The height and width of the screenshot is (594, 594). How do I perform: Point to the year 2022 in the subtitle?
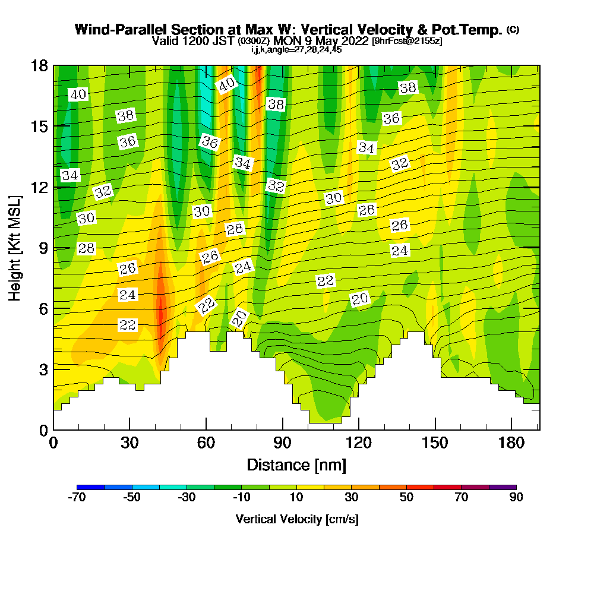point(351,41)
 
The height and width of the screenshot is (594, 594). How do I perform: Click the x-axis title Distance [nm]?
point(296,464)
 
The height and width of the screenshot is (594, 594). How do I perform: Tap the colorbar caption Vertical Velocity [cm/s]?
point(296,519)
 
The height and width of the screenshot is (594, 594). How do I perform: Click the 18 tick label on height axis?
point(39,65)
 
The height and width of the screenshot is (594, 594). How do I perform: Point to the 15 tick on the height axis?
point(39,126)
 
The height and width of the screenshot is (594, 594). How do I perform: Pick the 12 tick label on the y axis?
point(39,187)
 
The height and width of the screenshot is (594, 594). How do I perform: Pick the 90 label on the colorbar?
point(516,498)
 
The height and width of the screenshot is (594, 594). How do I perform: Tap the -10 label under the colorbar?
point(242,498)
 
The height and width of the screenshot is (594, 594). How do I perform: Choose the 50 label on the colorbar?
point(406,498)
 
